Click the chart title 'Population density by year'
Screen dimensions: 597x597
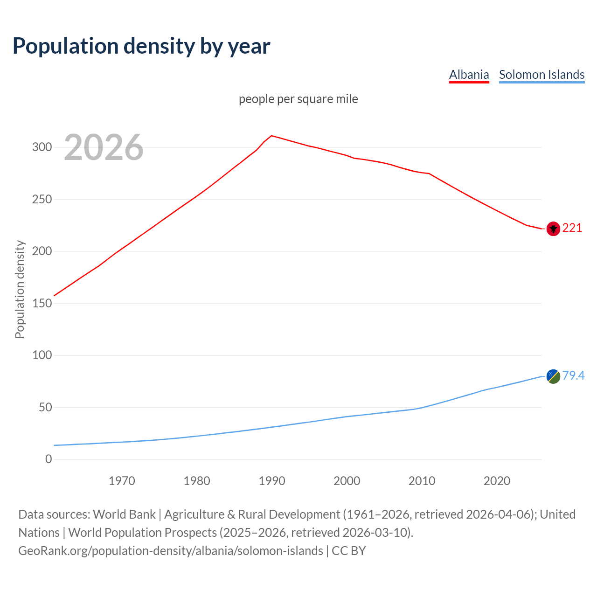141,46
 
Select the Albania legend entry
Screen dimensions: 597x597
469,75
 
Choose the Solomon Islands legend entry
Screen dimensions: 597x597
541,75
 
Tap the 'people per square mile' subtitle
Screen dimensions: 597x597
298,99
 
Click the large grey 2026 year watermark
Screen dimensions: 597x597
104,147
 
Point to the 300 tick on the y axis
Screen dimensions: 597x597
42,147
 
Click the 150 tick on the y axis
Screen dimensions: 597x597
42,303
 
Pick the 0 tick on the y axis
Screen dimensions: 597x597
49,459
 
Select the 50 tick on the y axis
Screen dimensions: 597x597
45,407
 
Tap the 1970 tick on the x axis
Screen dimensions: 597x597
122,481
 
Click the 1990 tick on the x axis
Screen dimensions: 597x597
272,481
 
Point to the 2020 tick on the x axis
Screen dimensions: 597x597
497,481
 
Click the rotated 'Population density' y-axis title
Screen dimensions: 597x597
20,289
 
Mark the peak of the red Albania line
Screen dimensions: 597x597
272,136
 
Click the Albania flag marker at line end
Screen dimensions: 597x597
553,229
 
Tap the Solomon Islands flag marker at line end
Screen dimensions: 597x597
553,376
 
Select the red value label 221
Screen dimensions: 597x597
572,228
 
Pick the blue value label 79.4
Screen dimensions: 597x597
573,375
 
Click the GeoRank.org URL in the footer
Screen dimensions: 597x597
171,551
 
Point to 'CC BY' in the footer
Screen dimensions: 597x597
349,551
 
